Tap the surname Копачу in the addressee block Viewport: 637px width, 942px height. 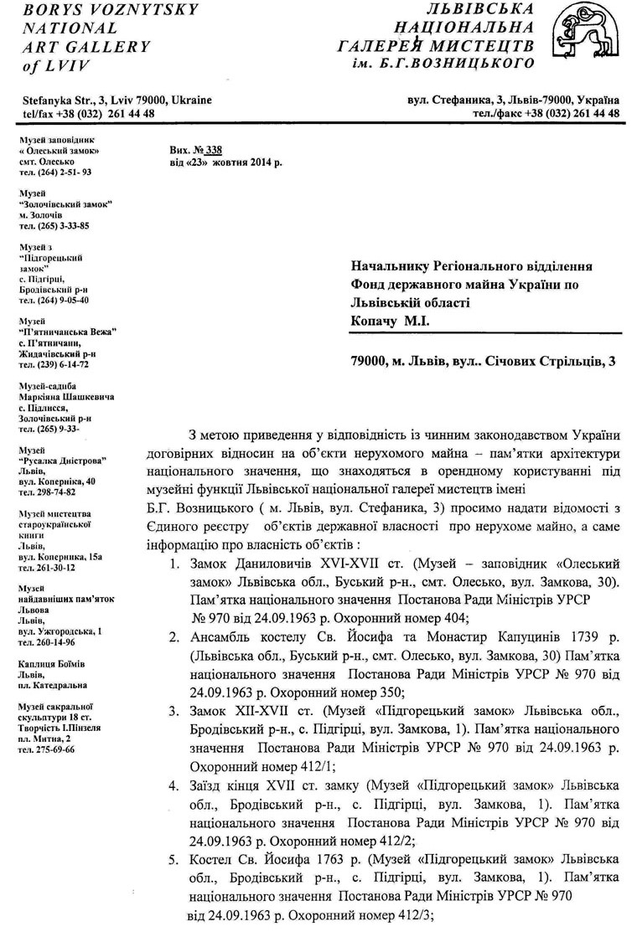coord(375,321)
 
